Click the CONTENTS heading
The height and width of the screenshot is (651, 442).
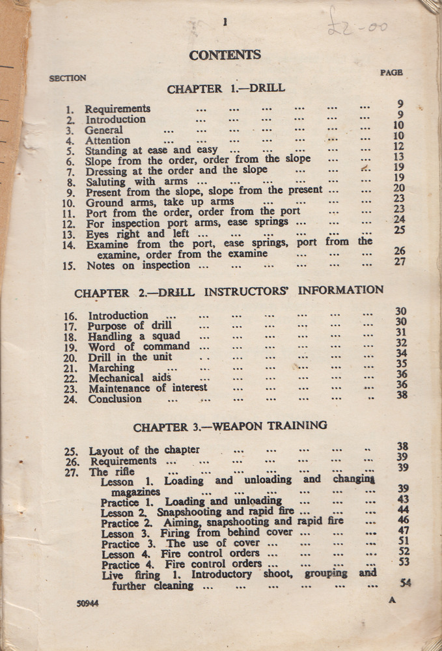click(225, 55)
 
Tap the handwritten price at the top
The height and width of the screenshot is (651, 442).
click(359, 24)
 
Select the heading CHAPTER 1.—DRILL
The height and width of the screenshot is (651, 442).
click(226, 89)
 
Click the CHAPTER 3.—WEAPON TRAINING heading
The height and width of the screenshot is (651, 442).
click(230, 426)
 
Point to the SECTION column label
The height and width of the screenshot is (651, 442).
click(68, 78)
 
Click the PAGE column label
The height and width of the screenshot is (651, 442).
click(391, 73)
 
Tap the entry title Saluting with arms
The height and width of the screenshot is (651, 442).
click(137, 182)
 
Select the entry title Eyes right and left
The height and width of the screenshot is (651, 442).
click(137, 234)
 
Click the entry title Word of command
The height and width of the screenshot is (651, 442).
click(139, 346)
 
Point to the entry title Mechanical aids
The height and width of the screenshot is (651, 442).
click(130, 378)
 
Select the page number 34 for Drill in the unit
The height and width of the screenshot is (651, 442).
click(402, 353)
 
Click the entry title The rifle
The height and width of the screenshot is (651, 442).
click(112, 471)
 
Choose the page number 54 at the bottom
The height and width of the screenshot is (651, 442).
click(405, 583)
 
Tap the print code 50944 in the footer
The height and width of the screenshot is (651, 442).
click(87, 603)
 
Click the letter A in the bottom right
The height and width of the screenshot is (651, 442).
click(392, 600)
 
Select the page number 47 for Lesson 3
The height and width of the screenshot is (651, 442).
click(404, 530)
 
